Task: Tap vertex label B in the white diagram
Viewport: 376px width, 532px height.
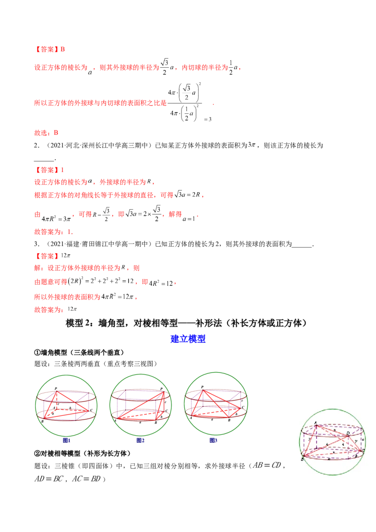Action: click(302, 459)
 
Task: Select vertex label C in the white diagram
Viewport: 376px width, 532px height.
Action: click(364, 450)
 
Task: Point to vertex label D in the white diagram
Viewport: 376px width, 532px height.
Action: click(347, 432)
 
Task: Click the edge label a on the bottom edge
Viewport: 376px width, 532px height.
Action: click(329, 458)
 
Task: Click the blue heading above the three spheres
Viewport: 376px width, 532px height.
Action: click(188, 339)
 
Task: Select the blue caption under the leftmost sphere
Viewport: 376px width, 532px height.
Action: click(66, 440)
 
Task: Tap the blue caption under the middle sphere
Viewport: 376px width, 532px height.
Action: click(141, 440)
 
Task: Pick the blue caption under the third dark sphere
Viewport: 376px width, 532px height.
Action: click(213, 440)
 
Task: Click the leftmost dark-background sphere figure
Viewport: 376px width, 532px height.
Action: click(67, 405)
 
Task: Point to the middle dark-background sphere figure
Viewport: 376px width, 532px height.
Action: click(141, 405)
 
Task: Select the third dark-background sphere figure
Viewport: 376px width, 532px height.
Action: click(216, 403)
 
